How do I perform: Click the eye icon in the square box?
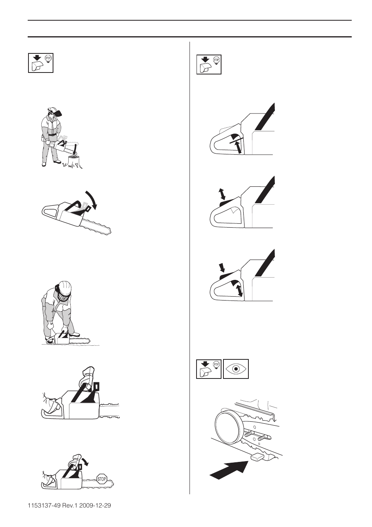point(236,369)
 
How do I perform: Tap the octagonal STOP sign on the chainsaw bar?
point(102,479)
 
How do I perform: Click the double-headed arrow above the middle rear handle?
point(222,194)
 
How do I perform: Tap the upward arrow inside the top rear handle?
point(238,147)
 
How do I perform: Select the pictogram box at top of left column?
point(41,63)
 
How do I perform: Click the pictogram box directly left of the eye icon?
point(209,369)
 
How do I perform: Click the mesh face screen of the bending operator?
point(64,296)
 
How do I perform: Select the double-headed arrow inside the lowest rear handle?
point(239,290)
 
